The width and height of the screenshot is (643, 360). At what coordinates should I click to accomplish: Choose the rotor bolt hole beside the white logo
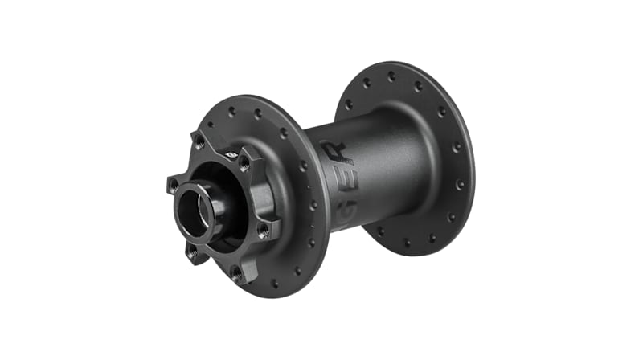pyautogui.click(x=244, y=163)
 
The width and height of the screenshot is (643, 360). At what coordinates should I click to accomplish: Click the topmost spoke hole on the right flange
pyautogui.click(x=392, y=76)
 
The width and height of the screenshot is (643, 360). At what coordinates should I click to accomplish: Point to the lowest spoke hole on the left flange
pyautogui.click(x=276, y=283)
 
